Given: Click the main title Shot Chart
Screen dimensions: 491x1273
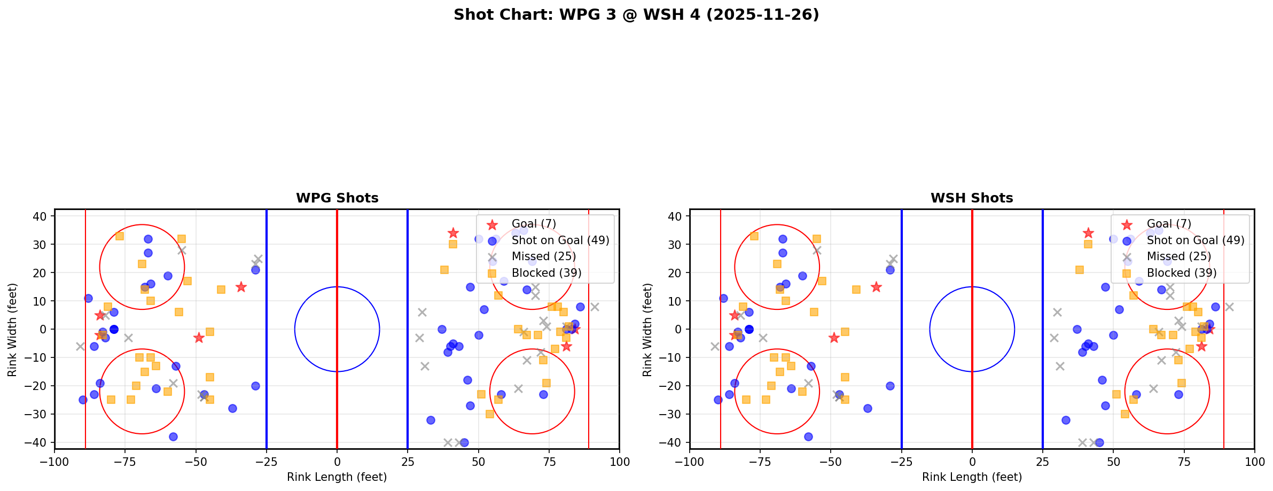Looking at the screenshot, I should coord(636,14).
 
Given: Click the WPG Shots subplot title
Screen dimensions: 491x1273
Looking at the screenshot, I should coord(337,198).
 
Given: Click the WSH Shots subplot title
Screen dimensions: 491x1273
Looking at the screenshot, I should coord(972,198).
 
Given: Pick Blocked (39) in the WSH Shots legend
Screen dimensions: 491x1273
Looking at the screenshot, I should coord(1182,273).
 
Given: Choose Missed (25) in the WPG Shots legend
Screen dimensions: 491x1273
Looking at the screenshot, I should coord(543,256).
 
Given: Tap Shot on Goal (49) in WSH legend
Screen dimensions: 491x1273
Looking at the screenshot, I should coord(1196,240).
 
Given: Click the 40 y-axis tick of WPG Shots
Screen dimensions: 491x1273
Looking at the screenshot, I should coord(43,216).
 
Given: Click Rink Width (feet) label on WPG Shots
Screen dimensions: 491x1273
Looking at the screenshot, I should coord(12,329).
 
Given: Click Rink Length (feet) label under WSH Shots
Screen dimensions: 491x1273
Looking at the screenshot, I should coord(972,477).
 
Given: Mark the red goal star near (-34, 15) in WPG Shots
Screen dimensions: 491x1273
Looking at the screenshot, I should coord(241,287).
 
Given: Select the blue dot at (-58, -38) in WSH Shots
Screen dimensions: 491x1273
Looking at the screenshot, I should coord(808,437).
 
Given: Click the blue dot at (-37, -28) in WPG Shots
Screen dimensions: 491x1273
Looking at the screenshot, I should coord(232,408).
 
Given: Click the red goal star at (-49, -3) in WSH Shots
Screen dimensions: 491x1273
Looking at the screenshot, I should coord(834,338).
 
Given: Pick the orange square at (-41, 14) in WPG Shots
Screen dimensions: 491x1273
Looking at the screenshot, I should coord(221,290).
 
